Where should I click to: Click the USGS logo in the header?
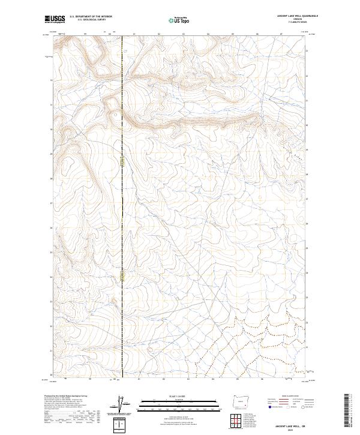55,19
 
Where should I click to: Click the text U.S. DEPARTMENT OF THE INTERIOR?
91,17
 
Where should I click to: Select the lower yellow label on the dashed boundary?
122,276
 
